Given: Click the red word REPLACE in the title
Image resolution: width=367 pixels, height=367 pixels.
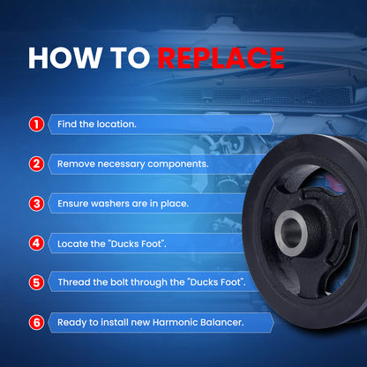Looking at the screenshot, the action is pos(221,57).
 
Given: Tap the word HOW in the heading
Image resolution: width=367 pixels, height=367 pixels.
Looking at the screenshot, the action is pos(64,57).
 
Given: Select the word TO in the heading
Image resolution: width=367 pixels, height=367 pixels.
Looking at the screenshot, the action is pos(130,57).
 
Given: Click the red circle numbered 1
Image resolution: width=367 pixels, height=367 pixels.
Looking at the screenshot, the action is pos(36,124).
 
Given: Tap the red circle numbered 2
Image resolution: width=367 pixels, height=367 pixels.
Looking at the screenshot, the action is pos(36,164).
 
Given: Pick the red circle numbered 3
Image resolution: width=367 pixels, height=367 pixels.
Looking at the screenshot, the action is pos(36,204).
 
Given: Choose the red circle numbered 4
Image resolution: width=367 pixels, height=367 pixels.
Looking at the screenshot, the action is pos(36,243).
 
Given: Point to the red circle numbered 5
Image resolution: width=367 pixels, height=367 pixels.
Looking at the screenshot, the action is pos(36,282).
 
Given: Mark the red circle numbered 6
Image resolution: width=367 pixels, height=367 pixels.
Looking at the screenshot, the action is pos(36,323).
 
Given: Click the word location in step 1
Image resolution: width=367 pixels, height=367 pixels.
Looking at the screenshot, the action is pos(116,124).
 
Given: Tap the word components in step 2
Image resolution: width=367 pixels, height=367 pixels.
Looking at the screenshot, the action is pos(178,164).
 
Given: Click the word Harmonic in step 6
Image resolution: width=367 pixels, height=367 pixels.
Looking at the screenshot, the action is pos(176,322).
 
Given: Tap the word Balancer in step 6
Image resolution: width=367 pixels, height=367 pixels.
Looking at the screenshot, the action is pos(222,322).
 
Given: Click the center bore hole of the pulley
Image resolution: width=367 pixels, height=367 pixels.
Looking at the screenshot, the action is pos(291,233).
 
